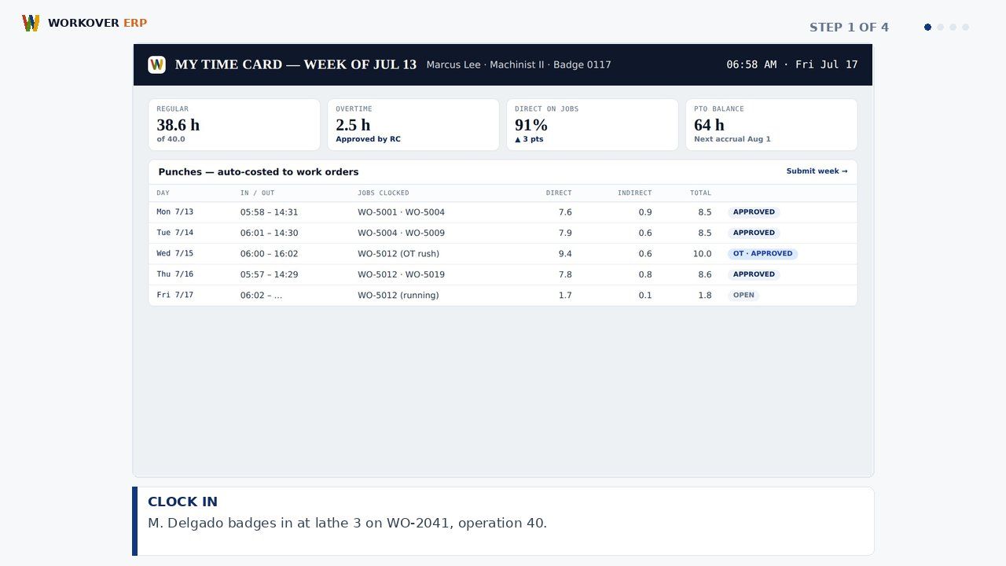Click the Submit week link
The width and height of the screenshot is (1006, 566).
[x=817, y=171]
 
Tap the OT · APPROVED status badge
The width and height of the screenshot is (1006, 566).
[x=762, y=253]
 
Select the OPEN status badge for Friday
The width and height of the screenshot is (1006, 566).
[x=743, y=295]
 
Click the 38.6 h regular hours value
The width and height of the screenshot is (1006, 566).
[x=178, y=125]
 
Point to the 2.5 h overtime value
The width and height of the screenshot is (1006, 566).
[x=353, y=125]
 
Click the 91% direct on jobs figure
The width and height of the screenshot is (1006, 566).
[x=531, y=125]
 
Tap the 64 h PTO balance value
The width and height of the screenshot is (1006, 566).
[x=709, y=125]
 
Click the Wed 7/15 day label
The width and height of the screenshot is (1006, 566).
[x=174, y=253]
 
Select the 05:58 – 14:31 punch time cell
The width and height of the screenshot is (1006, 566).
[x=269, y=212]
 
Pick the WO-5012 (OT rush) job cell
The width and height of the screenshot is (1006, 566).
[x=398, y=253]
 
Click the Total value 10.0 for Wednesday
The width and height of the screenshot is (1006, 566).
[x=702, y=254]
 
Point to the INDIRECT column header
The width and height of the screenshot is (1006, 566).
[x=634, y=193]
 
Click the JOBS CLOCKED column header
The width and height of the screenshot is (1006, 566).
[x=383, y=193]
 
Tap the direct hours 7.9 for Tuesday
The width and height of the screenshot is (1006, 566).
[x=565, y=233]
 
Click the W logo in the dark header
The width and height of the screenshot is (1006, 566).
[x=156, y=64]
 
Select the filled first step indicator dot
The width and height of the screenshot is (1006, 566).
[x=927, y=28]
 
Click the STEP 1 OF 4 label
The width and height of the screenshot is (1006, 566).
[x=849, y=28]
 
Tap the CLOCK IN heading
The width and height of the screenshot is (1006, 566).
[x=182, y=502]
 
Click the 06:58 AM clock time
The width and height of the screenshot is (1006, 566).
[x=751, y=64]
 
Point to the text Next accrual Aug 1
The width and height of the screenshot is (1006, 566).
[x=732, y=139]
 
